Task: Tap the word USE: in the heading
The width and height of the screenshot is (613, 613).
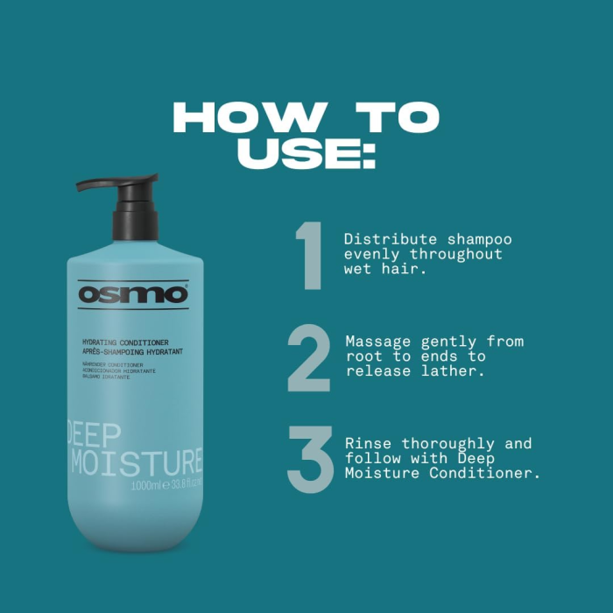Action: [x=306, y=152]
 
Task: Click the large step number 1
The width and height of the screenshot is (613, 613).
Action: [x=310, y=256]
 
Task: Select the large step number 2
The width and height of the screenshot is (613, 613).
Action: [x=309, y=356]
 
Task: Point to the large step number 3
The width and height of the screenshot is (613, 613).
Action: [x=310, y=459]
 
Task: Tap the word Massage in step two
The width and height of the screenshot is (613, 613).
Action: [x=376, y=342]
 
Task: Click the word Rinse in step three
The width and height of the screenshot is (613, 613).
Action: [x=365, y=444]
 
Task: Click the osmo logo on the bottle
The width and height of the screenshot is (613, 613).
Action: [x=133, y=294]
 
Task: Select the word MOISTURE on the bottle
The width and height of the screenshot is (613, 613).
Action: [x=136, y=461]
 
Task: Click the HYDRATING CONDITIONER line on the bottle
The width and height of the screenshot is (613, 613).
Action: [x=124, y=342]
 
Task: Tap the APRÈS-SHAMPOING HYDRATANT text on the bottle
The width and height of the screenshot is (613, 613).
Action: [x=130, y=350]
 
